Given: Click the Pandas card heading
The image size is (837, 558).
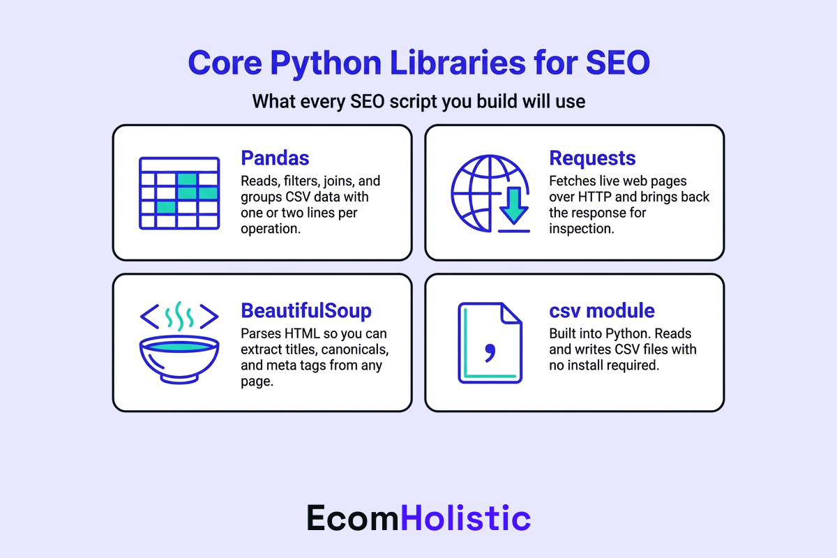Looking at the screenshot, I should [x=275, y=158].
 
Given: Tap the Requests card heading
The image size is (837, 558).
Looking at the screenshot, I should [x=592, y=158].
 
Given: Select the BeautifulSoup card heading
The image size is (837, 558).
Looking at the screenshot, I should [x=306, y=310].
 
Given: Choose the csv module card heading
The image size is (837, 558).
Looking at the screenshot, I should [x=602, y=310].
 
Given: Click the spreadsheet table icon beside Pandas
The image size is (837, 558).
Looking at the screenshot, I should [x=179, y=193].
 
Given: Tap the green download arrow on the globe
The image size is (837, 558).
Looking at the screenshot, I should [x=514, y=206].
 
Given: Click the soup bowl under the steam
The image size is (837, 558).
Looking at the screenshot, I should [x=179, y=356].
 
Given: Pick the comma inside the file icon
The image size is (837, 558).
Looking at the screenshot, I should [x=489, y=352].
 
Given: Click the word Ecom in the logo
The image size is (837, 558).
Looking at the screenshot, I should [x=354, y=518].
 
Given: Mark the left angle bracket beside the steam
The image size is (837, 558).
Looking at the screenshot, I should [x=149, y=315].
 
